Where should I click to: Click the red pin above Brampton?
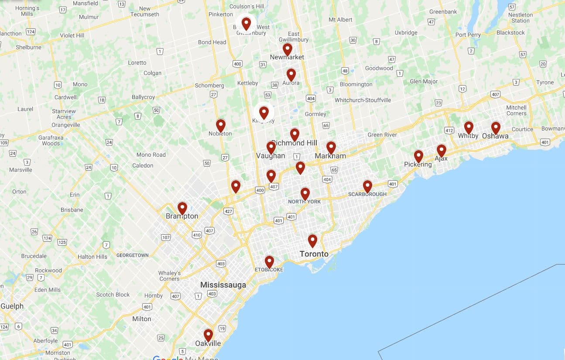pyautogui.click(x=182, y=208)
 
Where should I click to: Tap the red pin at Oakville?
pyautogui.click(x=209, y=335)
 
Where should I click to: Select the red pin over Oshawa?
pyautogui.click(x=496, y=127)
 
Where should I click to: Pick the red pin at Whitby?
pyautogui.click(x=469, y=127)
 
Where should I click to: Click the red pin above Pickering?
pyautogui.click(x=418, y=156)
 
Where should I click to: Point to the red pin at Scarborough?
pyautogui.click(x=367, y=186)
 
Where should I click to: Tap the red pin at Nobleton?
pyautogui.click(x=221, y=125)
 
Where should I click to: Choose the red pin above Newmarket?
pyautogui.click(x=287, y=49)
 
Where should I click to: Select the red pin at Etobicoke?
pyautogui.click(x=269, y=261)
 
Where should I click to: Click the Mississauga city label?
pyautogui.click(x=223, y=285)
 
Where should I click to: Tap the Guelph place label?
pyautogui.click(x=12, y=306)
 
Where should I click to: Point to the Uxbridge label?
pyautogui.click(x=406, y=33)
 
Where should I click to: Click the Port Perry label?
pyautogui.click(x=468, y=35)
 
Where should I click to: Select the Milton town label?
pyautogui.click(x=142, y=319)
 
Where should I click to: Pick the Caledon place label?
pyautogui.click(x=143, y=166)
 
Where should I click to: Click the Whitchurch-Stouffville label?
pyautogui.click(x=363, y=100)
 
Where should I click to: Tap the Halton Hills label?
pyautogui.click(x=92, y=257)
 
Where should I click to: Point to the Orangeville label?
pyautogui.click(x=65, y=125)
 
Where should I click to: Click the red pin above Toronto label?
pyautogui.click(x=312, y=240)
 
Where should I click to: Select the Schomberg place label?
pyautogui.click(x=209, y=86)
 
